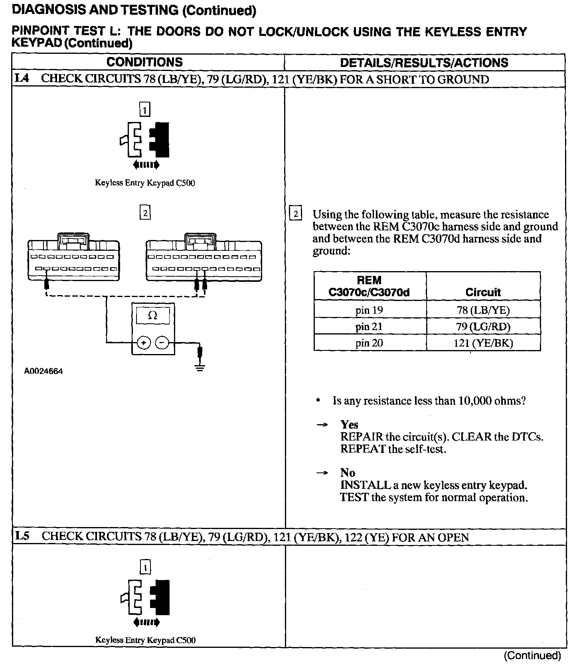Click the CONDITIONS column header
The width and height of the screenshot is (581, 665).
pyautogui.click(x=144, y=62)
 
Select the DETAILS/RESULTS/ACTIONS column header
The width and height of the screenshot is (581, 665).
pyautogui.click(x=424, y=63)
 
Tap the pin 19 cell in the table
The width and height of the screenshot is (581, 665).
pyautogui.click(x=369, y=310)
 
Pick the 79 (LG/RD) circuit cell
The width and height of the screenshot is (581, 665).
pyautogui.click(x=483, y=327)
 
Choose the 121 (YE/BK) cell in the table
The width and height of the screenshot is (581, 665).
pyautogui.click(x=483, y=343)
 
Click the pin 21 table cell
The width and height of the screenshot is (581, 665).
pyautogui.click(x=369, y=327)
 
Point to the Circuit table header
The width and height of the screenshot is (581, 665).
pyautogui.click(x=483, y=292)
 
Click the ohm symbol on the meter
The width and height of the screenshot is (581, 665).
pyautogui.click(x=152, y=316)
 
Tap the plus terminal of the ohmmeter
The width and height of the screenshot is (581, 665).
pyautogui.click(x=144, y=342)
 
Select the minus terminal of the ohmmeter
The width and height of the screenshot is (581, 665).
pyautogui.click(x=162, y=342)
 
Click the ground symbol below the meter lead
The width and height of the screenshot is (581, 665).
pyautogui.click(x=200, y=367)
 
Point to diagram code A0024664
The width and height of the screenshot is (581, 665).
pyautogui.click(x=43, y=371)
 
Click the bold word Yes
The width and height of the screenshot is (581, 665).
pyautogui.click(x=349, y=424)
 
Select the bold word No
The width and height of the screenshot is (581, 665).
pyautogui.click(x=348, y=472)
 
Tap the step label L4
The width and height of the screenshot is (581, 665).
pyautogui.click(x=22, y=78)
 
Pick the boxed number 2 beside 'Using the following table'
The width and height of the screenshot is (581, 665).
pyautogui.click(x=296, y=214)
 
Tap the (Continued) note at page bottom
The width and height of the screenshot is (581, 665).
pyautogui.click(x=532, y=655)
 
